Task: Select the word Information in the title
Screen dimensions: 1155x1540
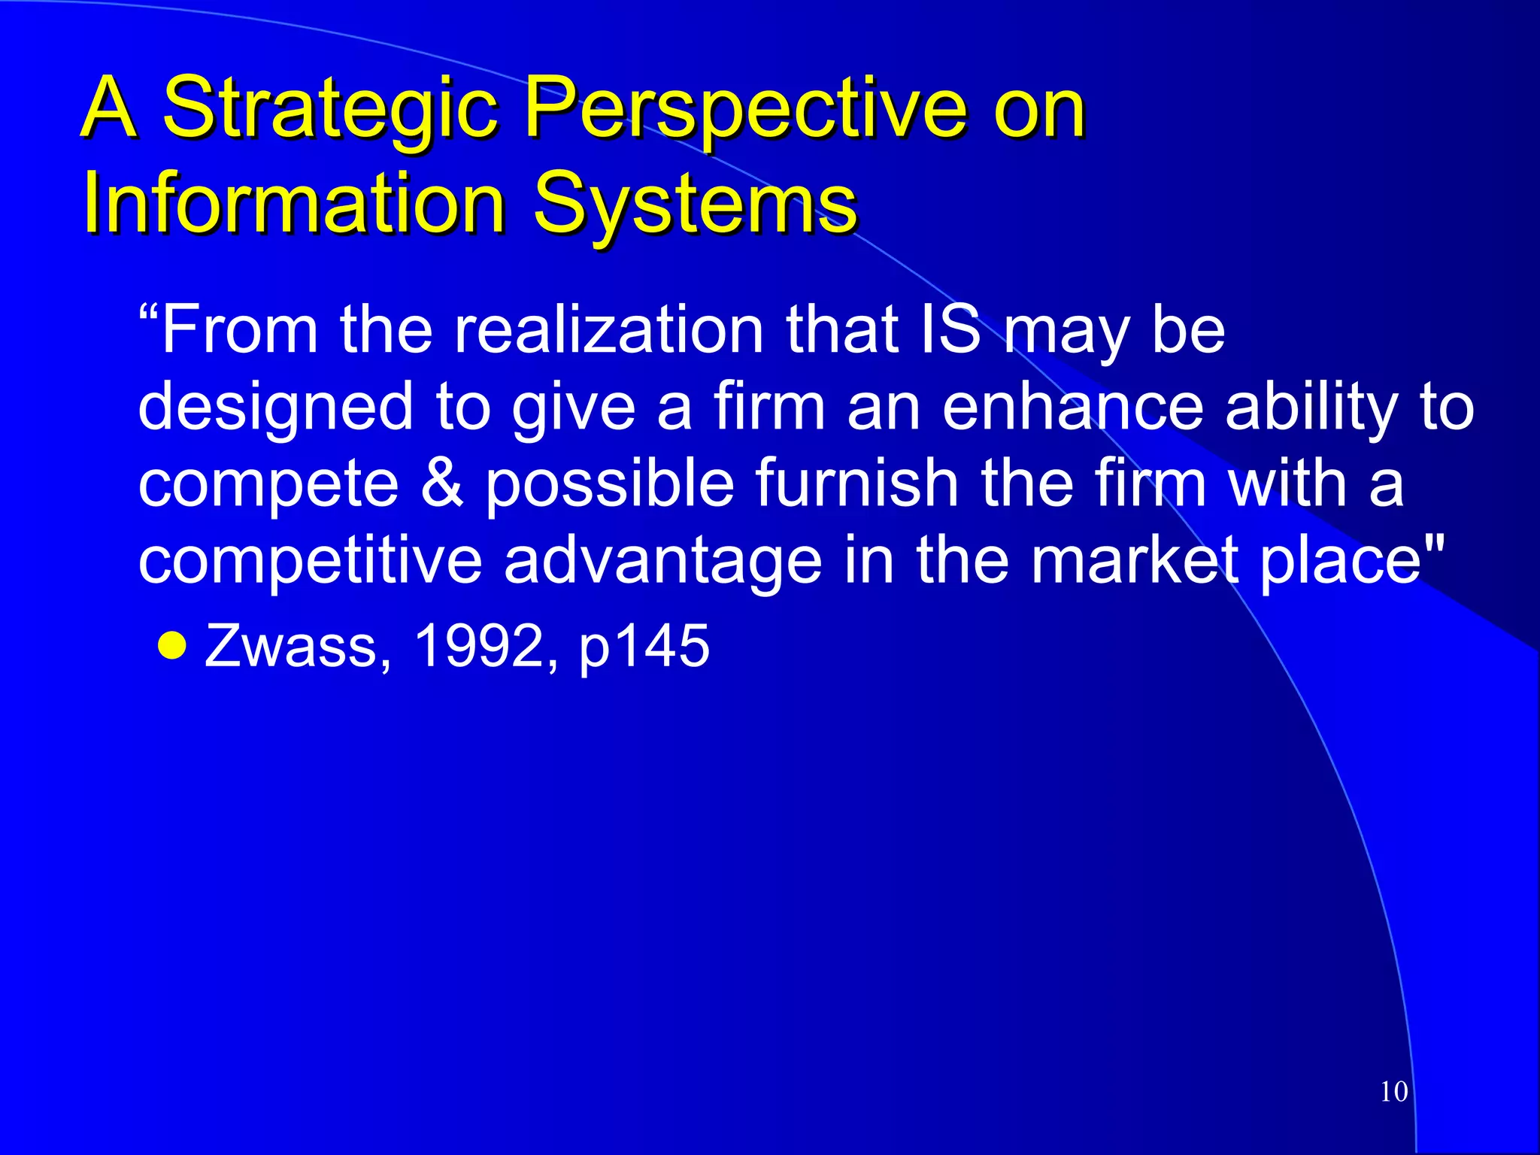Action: coord(293,203)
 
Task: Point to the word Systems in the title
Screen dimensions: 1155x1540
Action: coord(695,203)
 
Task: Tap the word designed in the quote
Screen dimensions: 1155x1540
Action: coord(275,407)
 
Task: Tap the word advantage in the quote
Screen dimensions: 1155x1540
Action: coord(662,560)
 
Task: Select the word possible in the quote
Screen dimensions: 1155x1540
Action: coord(609,483)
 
